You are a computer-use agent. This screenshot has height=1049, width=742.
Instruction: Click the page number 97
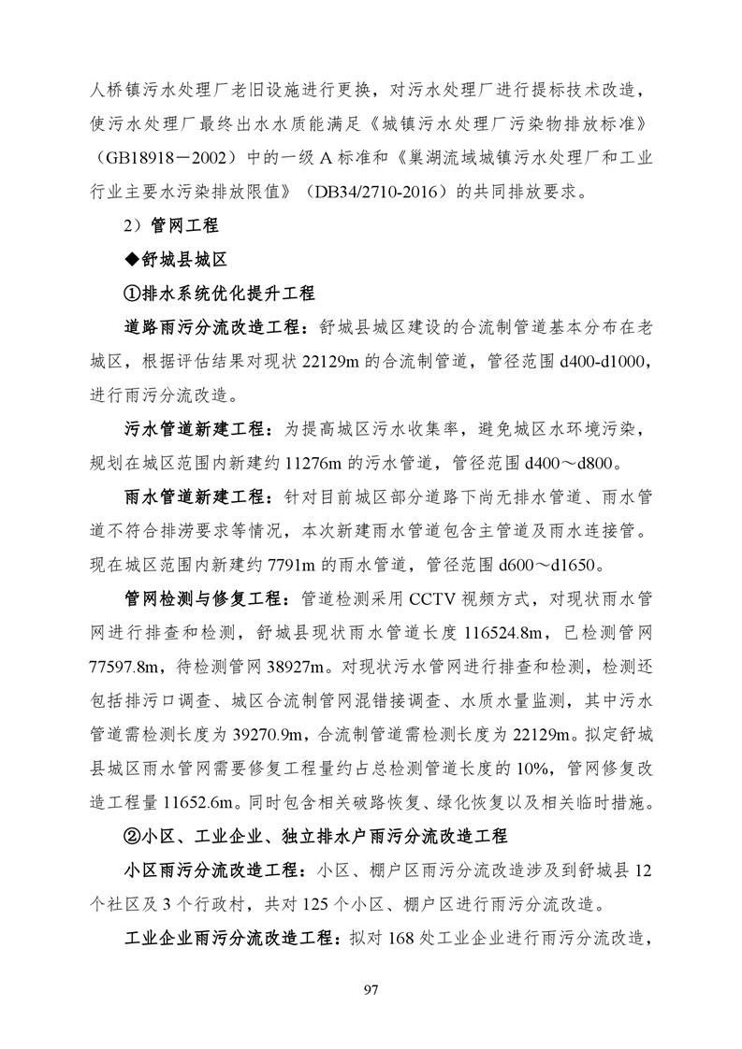371,989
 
